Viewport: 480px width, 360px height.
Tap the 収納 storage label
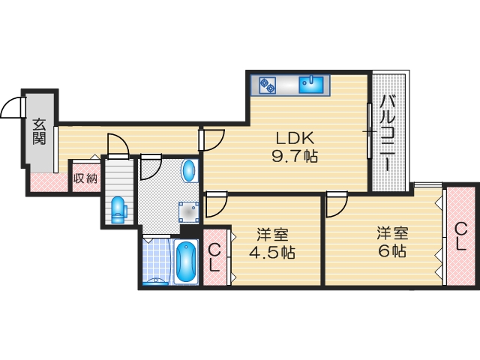click(85, 178)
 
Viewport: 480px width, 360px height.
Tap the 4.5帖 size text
click(272, 252)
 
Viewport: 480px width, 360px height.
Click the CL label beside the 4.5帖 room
click(214, 257)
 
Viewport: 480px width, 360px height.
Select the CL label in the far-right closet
click(461, 237)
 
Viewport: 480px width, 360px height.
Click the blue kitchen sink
click(310, 84)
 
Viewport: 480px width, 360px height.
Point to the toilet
click(118, 209)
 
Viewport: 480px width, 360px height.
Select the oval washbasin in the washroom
click(189, 170)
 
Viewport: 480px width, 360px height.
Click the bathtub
click(185, 262)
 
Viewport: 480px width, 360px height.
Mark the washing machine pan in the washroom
click(187, 211)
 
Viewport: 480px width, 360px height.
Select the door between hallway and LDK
click(212, 139)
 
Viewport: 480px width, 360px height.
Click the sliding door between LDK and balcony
click(369, 131)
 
